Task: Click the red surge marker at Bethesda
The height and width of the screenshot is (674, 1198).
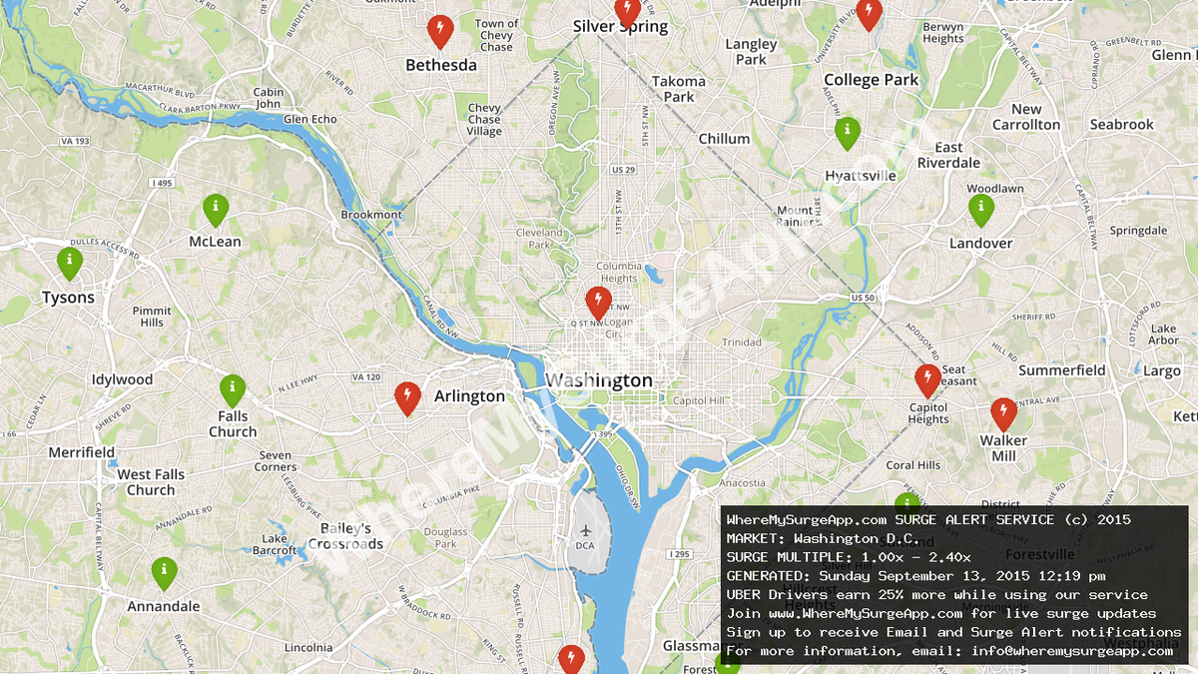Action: (x=439, y=31)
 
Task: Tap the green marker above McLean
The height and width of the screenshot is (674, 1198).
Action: (x=216, y=209)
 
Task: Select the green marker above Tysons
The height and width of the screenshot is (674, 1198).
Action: (x=69, y=263)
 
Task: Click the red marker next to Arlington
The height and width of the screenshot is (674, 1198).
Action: (x=406, y=397)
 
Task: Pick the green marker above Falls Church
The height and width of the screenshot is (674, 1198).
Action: (x=232, y=389)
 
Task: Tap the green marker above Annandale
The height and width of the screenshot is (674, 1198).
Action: (x=164, y=572)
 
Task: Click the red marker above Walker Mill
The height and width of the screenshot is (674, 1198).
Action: (x=1003, y=412)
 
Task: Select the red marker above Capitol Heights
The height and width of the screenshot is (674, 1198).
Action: (x=927, y=380)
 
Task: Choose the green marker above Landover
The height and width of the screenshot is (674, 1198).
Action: (x=981, y=209)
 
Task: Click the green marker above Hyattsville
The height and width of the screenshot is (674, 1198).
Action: (x=847, y=132)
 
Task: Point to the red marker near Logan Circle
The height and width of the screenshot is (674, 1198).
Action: (x=598, y=302)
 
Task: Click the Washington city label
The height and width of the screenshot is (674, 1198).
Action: (x=599, y=380)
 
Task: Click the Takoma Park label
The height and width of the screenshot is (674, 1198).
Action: (x=679, y=89)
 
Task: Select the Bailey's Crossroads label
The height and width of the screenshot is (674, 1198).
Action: (x=345, y=536)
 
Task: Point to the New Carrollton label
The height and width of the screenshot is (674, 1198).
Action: (x=1026, y=117)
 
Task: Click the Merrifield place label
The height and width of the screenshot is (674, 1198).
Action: (x=82, y=452)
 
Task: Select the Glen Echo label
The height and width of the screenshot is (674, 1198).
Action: (x=310, y=119)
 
